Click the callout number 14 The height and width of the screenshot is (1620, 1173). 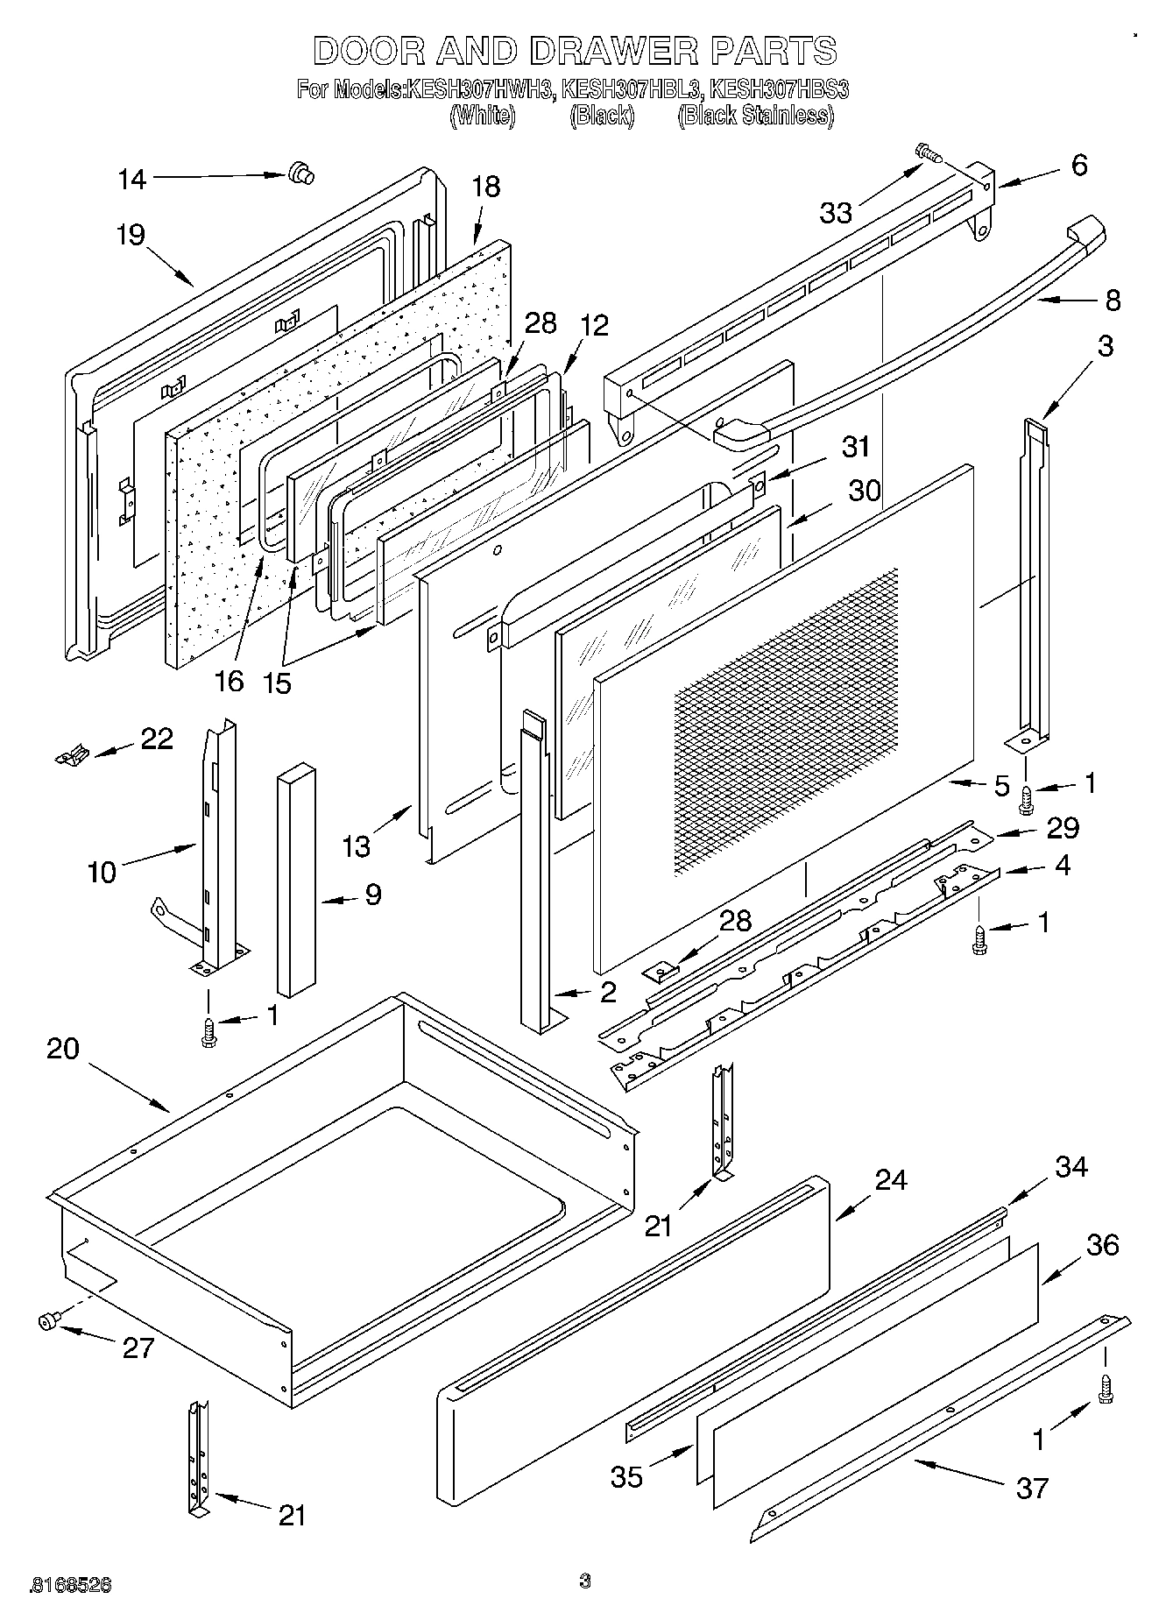pyautogui.click(x=132, y=180)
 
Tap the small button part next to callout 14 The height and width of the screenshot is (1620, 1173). pyautogui.click(x=300, y=173)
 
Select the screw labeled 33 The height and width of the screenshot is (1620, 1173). pyautogui.click(x=929, y=154)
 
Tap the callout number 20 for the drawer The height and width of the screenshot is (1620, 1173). pyautogui.click(x=63, y=1049)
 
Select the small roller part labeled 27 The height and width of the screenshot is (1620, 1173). pyautogui.click(x=48, y=1321)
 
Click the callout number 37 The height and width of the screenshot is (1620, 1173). pyautogui.click(x=1031, y=1488)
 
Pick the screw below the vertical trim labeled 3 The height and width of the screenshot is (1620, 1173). pyautogui.click(x=1026, y=796)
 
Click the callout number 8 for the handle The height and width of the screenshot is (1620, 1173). pyautogui.click(x=1112, y=301)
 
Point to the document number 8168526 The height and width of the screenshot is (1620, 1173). pyautogui.click(x=70, y=1584)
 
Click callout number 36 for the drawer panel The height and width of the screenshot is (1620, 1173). pyautogui.click(x=1102, y=1245)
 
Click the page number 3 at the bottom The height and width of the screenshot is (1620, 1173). pyautogui.click(x=585, y=1581)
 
